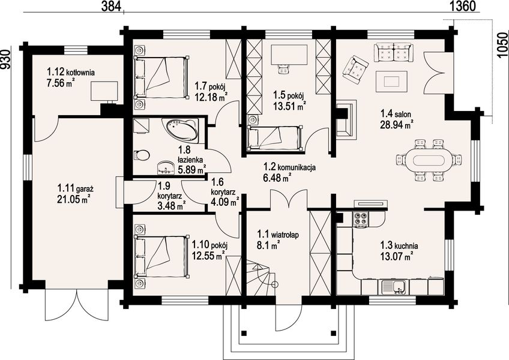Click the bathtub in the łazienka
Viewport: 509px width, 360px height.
point(182,130)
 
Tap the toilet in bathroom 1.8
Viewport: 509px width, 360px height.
point(141,155)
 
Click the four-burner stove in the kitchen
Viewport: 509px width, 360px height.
point(360,218)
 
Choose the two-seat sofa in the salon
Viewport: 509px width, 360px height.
point(393,52)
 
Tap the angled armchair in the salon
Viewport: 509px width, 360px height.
point(355,70)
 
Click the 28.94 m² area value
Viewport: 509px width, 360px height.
point(396,124)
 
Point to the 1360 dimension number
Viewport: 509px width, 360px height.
point(463,6)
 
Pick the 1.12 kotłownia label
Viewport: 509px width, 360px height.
point(71,72)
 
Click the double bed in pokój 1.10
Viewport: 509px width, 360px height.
point(161,257)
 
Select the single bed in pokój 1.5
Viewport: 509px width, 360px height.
point(276,138)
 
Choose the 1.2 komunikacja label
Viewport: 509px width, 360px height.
point(289,167)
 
